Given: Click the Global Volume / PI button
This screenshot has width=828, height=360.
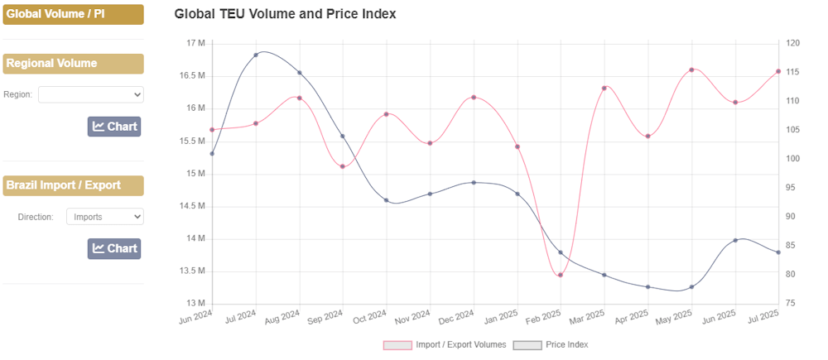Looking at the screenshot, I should point(73,14).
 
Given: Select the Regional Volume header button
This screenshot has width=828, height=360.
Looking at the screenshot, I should point(73,64).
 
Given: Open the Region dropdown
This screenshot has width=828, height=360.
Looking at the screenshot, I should point(91,94).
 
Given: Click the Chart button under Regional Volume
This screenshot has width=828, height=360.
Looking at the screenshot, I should point(114,127).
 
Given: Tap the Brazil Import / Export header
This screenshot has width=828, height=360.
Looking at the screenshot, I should point(73,185).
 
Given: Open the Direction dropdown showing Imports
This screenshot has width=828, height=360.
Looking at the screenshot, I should point(104,217).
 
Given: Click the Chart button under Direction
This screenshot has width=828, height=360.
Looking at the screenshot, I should point(114,248).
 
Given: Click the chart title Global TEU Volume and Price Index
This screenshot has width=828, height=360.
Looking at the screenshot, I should point(285,14).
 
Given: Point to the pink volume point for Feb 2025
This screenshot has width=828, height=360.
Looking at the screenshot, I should point(561,275).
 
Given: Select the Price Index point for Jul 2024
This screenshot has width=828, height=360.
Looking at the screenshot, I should point(256,55).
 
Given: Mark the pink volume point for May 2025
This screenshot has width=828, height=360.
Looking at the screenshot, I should point(691,70).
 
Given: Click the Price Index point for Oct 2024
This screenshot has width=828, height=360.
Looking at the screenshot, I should point(387,200).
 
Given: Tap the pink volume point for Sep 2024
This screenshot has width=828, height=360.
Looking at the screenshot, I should point(343,166).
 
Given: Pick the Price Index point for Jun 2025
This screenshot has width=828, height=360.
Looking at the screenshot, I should point(735,240).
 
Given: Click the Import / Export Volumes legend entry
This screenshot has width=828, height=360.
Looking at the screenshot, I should point(444,344).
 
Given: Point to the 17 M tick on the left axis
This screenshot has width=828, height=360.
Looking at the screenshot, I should point(195,43).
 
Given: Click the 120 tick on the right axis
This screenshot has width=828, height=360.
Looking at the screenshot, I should point(792,43).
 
